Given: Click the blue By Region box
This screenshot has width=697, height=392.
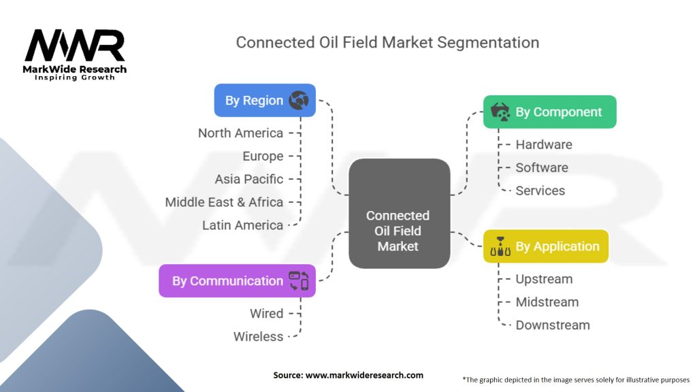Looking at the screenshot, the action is point(265,101).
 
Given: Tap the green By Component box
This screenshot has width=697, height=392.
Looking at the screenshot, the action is point(550,112).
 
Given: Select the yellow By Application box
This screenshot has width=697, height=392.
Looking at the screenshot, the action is point(546,246).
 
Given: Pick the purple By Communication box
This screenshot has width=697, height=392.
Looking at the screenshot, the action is point(238,281).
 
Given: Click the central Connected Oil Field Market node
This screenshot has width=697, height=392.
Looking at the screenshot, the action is point(399,213).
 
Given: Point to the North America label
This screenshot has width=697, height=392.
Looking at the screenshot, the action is point(240,133).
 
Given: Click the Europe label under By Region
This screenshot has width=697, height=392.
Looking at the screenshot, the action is point(263,156).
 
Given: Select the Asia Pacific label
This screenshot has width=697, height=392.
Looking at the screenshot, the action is point(249,179).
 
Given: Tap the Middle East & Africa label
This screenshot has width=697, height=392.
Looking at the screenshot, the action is point(224,202).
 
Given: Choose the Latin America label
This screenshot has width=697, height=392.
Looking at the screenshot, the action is point(243,225).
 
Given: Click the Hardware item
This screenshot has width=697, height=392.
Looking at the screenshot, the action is point(544,144).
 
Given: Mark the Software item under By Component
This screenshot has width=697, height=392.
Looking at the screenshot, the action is point(542,167).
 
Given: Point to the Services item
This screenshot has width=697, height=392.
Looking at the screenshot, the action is point(540,191).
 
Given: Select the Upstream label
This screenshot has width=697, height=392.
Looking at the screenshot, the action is point(544,279).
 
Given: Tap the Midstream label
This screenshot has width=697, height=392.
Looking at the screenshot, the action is point(547,302).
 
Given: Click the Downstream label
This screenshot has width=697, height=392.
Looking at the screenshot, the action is point(553,325).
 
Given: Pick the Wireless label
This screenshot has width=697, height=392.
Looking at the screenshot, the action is point(258,336).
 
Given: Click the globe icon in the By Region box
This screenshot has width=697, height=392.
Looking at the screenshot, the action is point(299,101).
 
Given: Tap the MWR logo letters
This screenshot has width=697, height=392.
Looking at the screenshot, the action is point(75,46).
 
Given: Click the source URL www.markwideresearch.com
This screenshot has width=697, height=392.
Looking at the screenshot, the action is point(364,375).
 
